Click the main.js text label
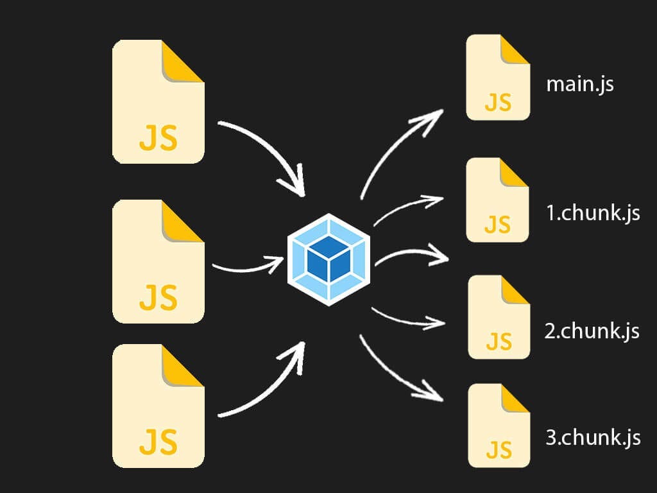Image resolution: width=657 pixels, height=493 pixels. point(579,85)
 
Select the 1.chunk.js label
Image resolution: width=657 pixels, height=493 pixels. point(593,212)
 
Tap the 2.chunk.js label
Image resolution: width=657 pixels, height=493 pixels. point(592,331)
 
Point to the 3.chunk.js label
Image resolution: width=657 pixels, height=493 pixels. point(593,438)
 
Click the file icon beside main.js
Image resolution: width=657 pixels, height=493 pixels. point(498,78)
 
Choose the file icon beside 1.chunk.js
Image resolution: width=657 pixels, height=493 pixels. point(498,200)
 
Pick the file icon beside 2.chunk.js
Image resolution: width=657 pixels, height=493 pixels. point(499,317)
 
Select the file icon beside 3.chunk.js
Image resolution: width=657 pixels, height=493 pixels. point(499,426)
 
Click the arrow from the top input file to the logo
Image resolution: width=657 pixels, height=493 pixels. point(269,148)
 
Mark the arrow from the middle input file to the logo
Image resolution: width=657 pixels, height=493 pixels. point(247,264)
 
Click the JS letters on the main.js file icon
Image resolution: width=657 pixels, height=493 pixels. point(498,102)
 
